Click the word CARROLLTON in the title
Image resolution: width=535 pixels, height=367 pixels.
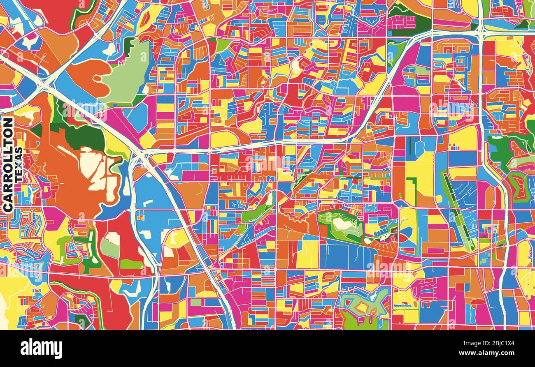7,165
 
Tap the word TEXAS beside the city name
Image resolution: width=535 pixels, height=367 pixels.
19,165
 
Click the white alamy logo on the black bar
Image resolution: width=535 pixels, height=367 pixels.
41,349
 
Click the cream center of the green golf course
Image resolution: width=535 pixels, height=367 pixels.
342,224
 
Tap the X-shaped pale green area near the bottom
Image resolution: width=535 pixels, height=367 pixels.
364,304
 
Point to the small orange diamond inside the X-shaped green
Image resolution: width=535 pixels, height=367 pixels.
363,306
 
